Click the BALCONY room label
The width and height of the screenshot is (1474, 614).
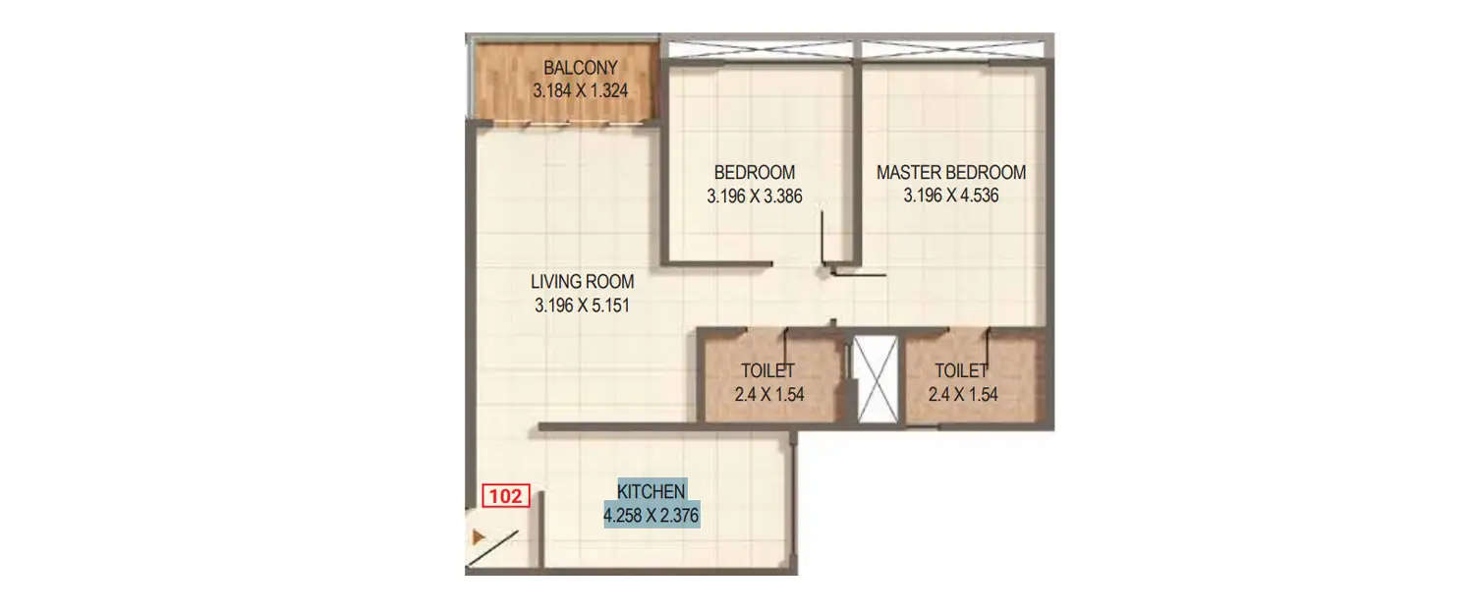[580, 68]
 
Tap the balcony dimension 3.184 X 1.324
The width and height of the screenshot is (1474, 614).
[580, 90]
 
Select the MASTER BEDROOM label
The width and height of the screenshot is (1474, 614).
[950, 173]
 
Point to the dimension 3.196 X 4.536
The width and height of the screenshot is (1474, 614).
[950, 195]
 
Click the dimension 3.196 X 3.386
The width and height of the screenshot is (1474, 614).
[754, 195]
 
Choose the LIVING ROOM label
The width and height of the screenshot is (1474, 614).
[582, 282]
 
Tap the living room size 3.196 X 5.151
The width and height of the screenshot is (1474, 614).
[582, 305]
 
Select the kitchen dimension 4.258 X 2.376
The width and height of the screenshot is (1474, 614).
[651, 514]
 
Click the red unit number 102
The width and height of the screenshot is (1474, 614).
[506, 497]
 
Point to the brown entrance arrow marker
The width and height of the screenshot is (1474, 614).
[479, 537]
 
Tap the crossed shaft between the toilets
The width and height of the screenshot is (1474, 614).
[875, 381]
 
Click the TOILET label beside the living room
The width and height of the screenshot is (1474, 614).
[767, 371]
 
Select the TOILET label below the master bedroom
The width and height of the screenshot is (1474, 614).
[961, 371]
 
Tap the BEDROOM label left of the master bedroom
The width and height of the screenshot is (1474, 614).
[754, 173]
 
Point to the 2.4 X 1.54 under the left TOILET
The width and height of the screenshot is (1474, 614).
[767, 394]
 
